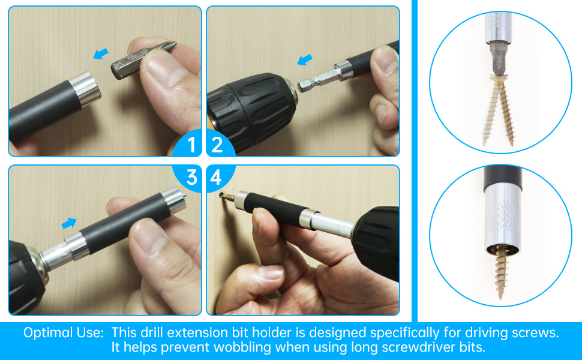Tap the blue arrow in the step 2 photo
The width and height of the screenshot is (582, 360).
305,59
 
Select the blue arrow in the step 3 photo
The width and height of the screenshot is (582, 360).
70,223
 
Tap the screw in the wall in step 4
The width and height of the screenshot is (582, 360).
227,196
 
